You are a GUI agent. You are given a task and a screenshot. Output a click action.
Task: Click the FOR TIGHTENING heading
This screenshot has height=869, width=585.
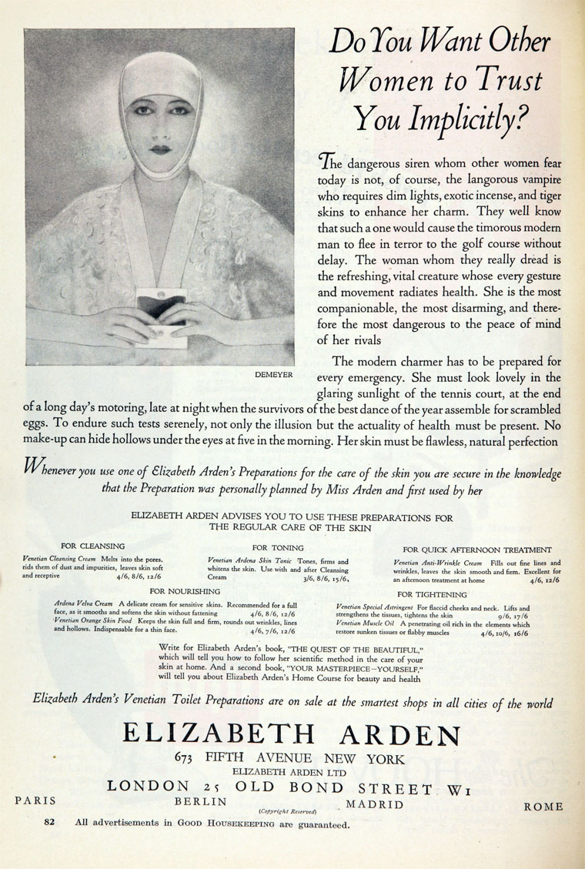tap(432, 595)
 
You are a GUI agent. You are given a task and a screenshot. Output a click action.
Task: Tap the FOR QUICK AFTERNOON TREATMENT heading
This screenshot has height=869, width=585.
tap(476, 550)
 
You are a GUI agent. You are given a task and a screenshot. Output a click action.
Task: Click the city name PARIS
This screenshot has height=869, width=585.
tap(35, 800)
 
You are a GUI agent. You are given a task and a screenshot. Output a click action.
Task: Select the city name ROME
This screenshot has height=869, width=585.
tap(543, 807)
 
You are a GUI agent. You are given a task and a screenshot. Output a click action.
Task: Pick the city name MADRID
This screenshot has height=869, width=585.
tap(375, 805)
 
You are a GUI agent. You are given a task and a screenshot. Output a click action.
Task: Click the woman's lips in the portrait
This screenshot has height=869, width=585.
tap(160, 149)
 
